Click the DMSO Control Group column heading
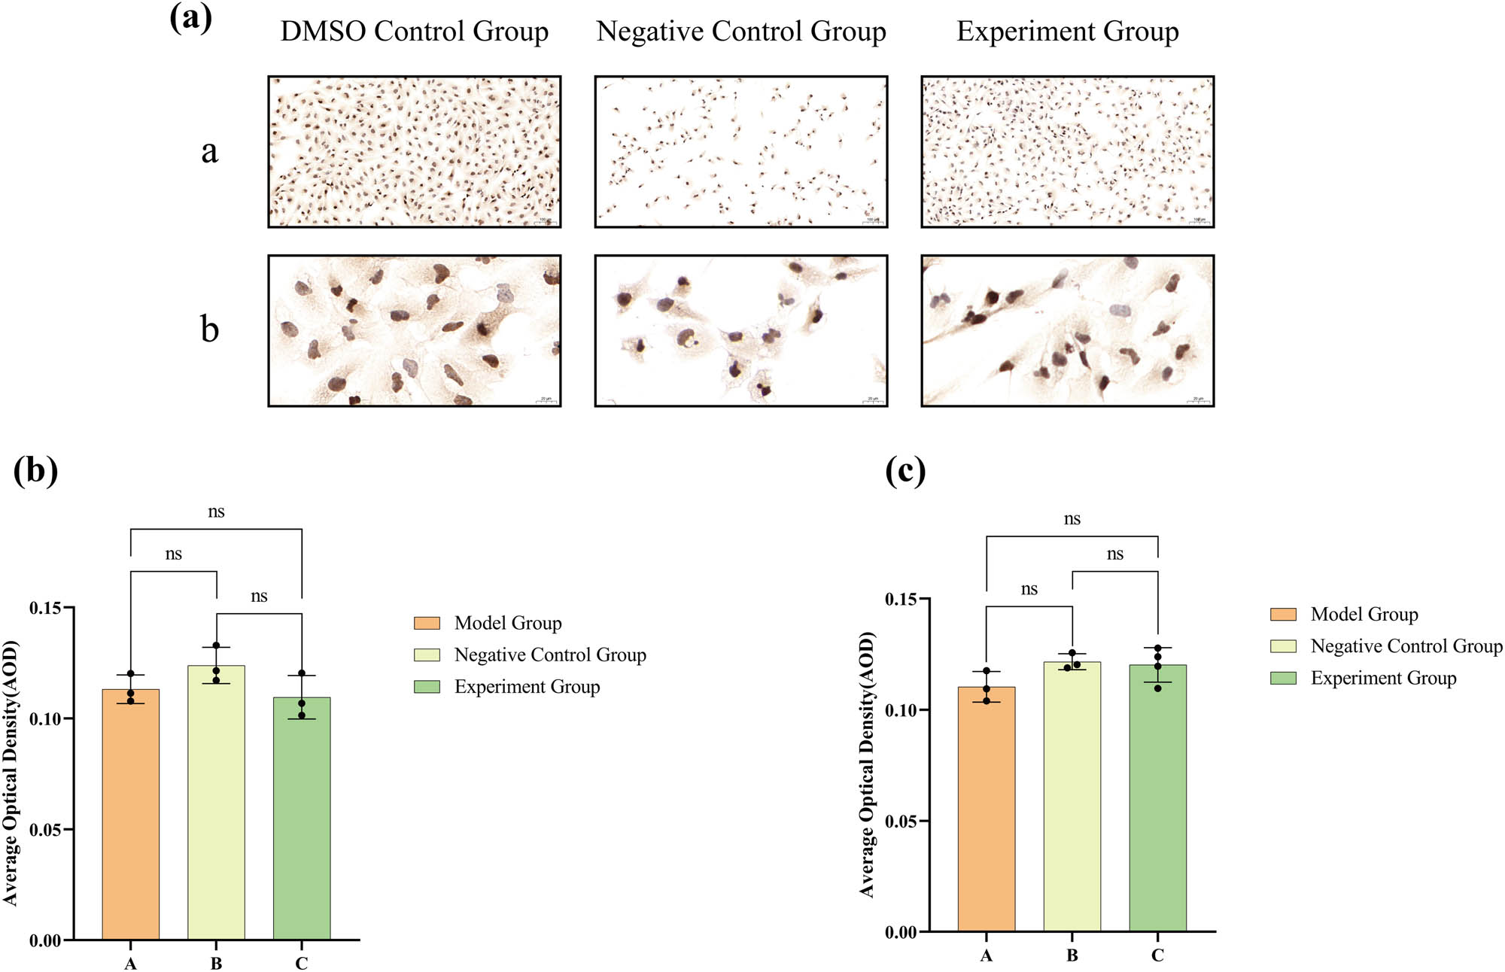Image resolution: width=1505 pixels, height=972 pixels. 414,32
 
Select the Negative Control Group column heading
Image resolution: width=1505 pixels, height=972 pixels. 740,32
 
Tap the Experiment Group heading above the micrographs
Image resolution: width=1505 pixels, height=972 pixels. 1067,32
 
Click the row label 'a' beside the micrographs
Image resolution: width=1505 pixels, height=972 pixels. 209,151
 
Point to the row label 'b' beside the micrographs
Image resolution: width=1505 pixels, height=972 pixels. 209,330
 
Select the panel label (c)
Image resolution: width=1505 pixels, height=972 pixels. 905,472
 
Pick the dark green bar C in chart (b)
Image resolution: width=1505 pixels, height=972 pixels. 302,820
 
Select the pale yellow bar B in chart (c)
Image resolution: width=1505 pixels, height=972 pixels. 1072,797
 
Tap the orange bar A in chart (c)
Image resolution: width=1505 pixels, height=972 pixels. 986,809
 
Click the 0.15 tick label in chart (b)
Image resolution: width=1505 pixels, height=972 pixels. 45,608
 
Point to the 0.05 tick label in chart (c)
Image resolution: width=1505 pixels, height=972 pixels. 901,822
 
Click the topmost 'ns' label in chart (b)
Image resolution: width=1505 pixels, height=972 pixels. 216,512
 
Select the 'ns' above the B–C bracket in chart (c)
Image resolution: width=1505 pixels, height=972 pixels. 1114,554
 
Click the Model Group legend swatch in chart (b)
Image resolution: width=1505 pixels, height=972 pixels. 427,623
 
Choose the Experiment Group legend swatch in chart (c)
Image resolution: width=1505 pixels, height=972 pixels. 1283,678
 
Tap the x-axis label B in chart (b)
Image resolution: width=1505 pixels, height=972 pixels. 216,964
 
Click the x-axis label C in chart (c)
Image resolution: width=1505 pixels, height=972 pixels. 1157,955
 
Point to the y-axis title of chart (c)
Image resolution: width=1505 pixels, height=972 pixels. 867,764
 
